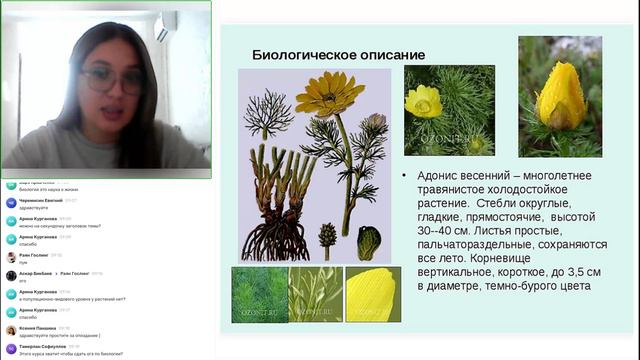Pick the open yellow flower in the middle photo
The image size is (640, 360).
coord(424,101)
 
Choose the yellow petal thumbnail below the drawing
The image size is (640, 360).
coord(372,294)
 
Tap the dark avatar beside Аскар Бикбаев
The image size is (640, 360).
coord(10,275)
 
